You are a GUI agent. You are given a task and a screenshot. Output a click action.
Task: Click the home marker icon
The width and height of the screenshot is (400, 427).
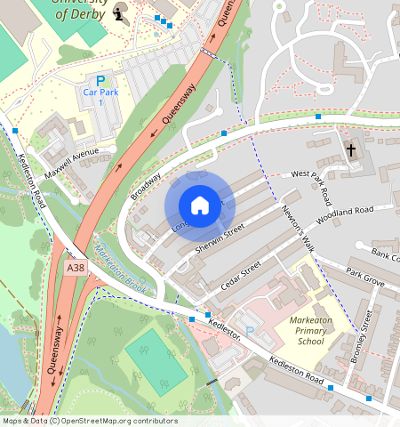(x=200, y=205)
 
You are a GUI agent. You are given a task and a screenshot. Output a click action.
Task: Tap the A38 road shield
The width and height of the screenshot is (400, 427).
(x=76, y=266)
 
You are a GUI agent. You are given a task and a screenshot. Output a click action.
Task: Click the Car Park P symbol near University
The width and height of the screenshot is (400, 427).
(x=100, y=81)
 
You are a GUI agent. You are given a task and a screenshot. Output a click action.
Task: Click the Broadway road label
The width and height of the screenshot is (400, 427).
(x=147, y=182)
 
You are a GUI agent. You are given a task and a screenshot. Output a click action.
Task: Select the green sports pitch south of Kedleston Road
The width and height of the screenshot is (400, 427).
(x=156, y=359)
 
